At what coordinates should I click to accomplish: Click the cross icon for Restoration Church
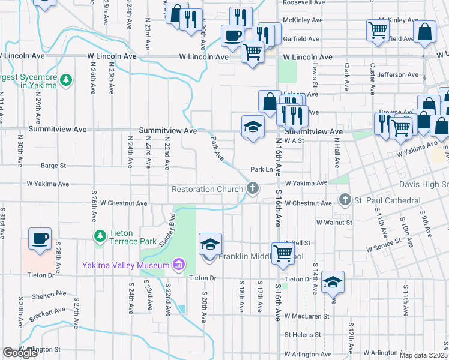coord(253,189)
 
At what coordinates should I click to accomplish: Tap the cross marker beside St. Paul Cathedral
coord(345,199)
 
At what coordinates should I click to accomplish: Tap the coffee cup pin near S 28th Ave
coord(40,238)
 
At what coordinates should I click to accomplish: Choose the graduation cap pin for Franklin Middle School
coord(209,245)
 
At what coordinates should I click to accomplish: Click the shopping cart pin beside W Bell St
coord(282,253)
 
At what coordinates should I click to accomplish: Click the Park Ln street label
coord(262,170)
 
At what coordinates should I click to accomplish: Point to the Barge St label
coord(53,166)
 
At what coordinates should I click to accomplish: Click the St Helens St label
coord(304,334)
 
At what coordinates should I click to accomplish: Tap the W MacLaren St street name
coord(307,316)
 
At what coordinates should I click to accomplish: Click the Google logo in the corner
coord(20,353)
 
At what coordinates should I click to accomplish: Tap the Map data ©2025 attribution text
coord(423,355)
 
